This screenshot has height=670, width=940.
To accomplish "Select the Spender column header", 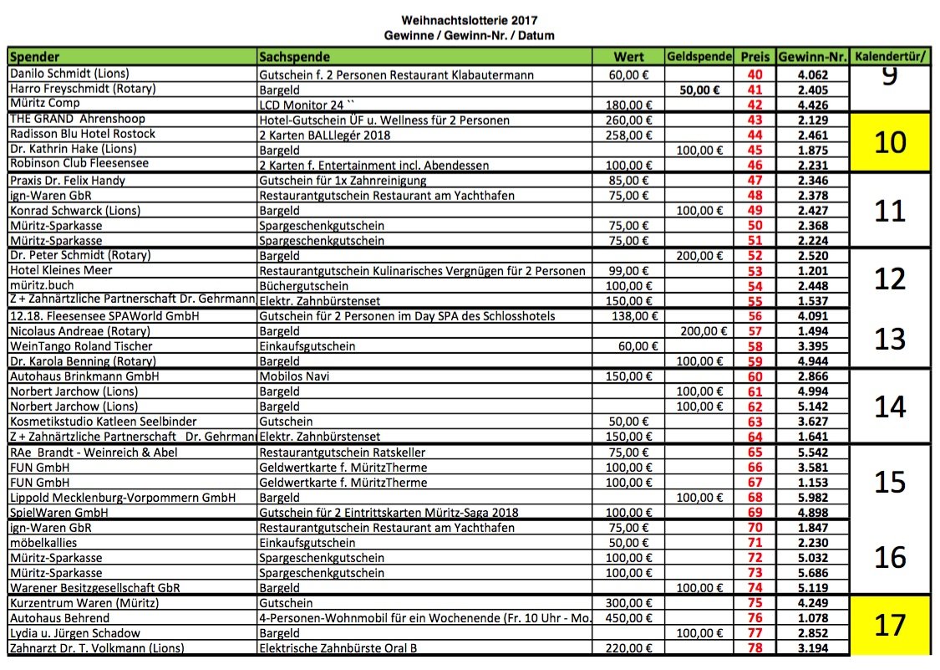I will (x=34, y=58).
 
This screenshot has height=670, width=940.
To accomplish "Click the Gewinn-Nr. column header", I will (x=812, y=58).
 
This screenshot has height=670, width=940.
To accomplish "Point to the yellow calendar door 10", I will (x=889, y=142).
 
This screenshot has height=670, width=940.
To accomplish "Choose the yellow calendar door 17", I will (x=889, y=625).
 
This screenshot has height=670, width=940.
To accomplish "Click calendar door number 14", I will (x=889, y=407).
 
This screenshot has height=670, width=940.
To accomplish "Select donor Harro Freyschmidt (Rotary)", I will (x=83, y=89).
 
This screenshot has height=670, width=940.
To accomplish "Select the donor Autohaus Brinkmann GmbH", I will (x=84, y=377).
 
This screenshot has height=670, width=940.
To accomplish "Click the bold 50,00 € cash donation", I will (x=701, y=89).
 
